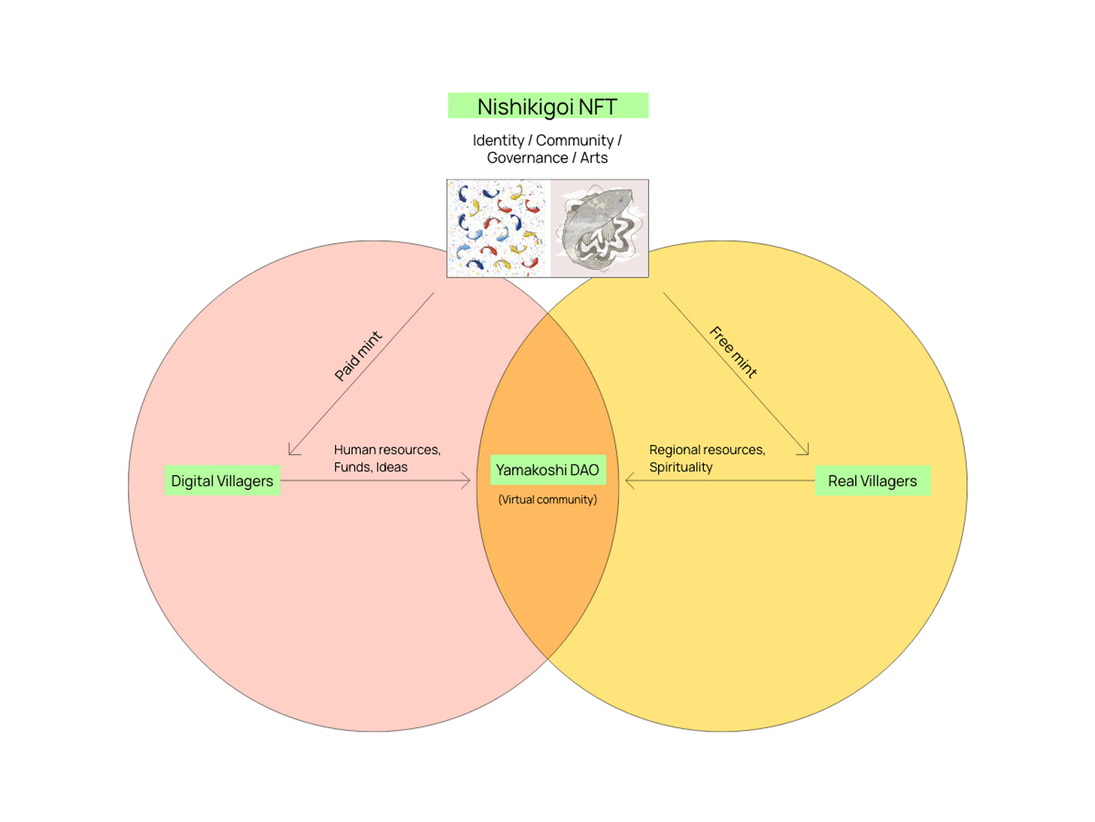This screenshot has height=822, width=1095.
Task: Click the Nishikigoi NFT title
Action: (x=547, y=106)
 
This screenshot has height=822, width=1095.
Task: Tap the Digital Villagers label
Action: (x=222, y=481)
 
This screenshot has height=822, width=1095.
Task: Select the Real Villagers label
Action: (x=872, y=481)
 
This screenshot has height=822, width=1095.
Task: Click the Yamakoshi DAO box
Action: (x=547, y=470)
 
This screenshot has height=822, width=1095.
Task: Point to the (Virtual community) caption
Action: (x=547, y=500)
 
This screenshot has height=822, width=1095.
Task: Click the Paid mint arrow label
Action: (x=358, y=355)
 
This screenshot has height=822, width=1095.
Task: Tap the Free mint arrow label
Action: (x=733, y=352)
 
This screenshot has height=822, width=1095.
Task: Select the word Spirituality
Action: (x=681, y=467)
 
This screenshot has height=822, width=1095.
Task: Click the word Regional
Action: (x=675, y=450)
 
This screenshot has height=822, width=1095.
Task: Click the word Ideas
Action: (x=392, y=467)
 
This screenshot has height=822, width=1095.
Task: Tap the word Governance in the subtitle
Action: (x=527, y=158)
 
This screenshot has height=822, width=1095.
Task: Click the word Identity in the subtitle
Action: (x=498, y=141)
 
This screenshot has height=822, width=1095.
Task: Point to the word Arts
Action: (x=593, y=158)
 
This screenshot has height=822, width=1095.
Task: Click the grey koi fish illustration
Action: (x=599, y=228)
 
